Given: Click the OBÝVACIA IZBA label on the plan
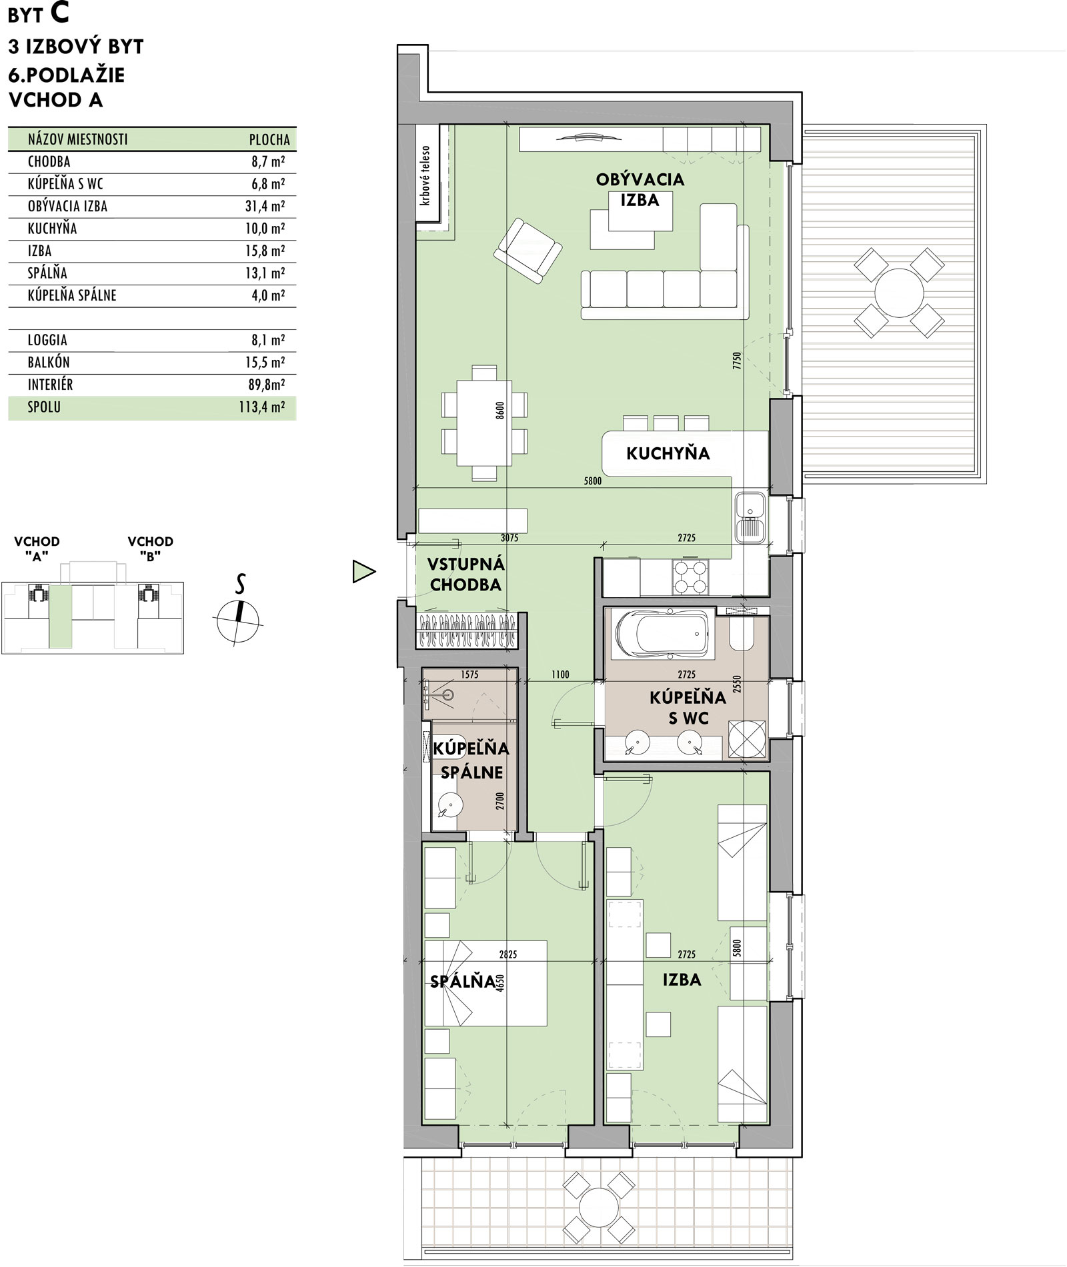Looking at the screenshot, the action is click(x=640, y=189).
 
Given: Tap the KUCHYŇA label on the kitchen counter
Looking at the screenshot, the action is click(x=668, y=454).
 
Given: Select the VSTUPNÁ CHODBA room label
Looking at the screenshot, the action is click(x=465, y=575).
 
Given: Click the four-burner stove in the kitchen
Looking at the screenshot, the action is click(x=690, y=577).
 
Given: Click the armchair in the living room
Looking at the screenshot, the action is click(x=528, y=251).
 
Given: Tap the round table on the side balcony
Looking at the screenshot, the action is click(x=899, y=292).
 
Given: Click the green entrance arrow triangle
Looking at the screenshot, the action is click(x=363, y=571).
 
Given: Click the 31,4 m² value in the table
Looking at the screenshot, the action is click(x=265, y=206).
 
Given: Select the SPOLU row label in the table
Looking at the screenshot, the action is click(x=44, y=407).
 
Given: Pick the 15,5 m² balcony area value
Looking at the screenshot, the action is click(x=265, y=363).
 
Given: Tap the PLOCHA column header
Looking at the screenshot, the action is click(x=269, y=140).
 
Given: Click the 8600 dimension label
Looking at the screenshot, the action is click(x=500, y=410).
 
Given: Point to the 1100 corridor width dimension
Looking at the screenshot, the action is click(x=560, y=674).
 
